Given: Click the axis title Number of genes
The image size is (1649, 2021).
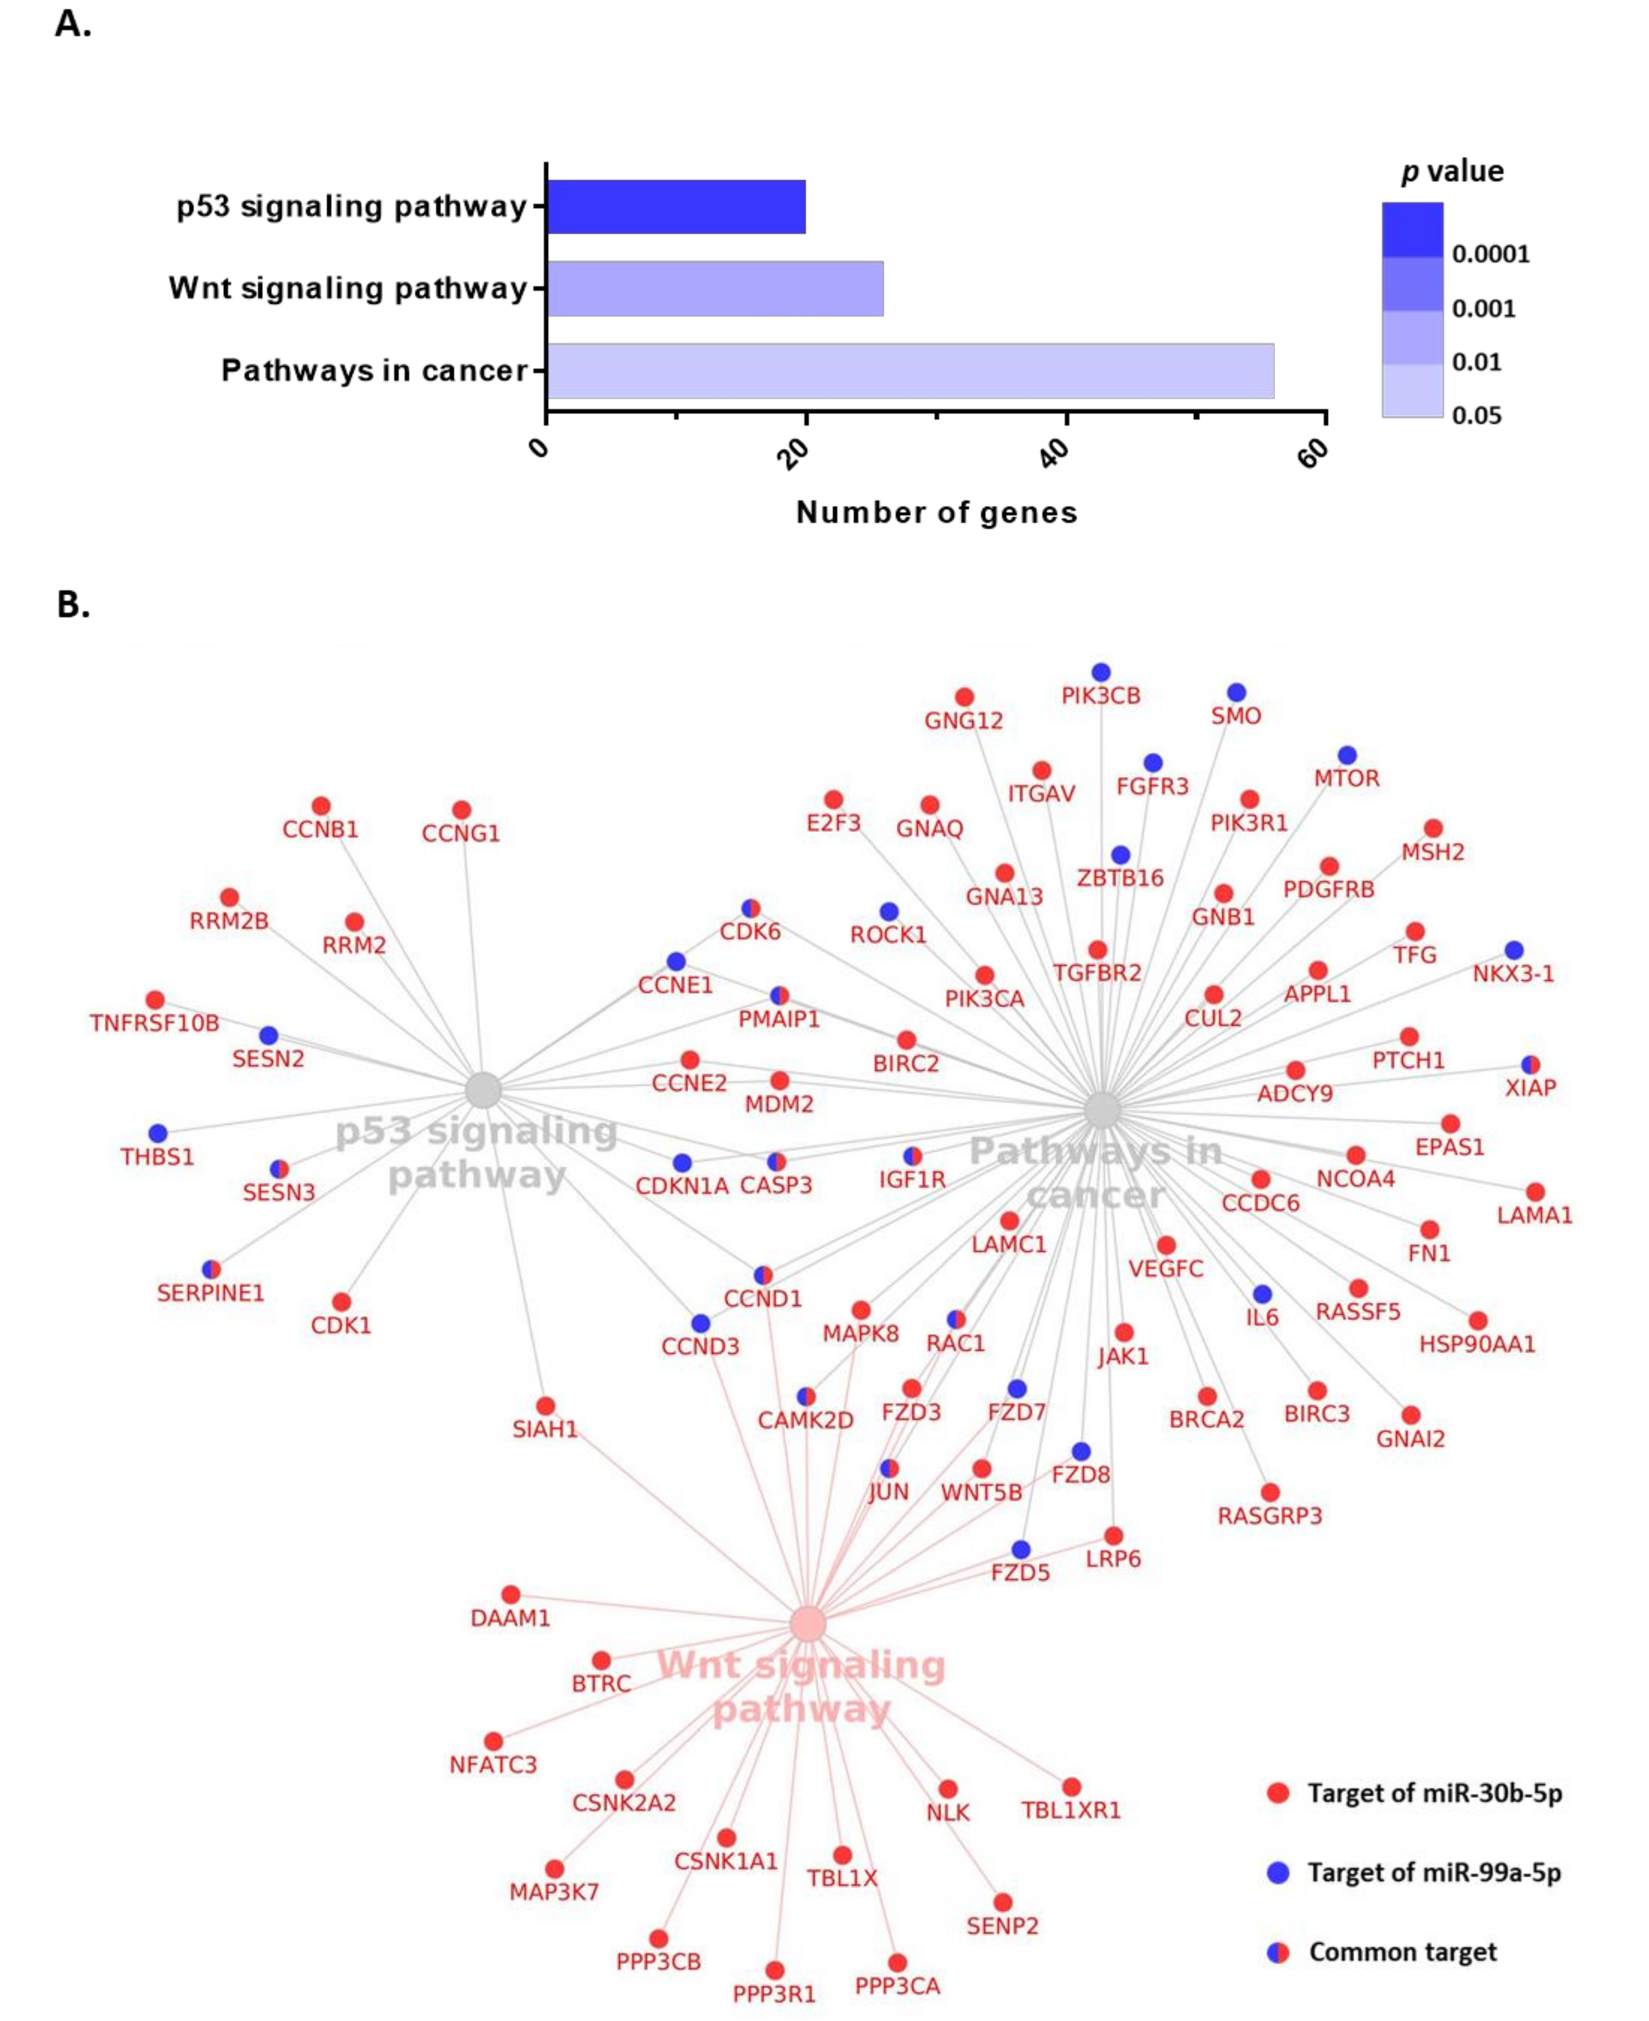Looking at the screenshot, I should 935,513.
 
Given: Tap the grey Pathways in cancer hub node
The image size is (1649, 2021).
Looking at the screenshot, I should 1102,1109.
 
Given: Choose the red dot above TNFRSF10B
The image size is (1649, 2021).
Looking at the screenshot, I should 155,999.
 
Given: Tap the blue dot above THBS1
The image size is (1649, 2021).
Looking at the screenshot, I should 158,1133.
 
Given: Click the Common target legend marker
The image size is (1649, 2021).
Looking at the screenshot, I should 1279,1953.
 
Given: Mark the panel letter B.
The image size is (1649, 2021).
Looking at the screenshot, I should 73,604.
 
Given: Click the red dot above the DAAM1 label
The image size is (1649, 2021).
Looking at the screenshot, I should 510,1594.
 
